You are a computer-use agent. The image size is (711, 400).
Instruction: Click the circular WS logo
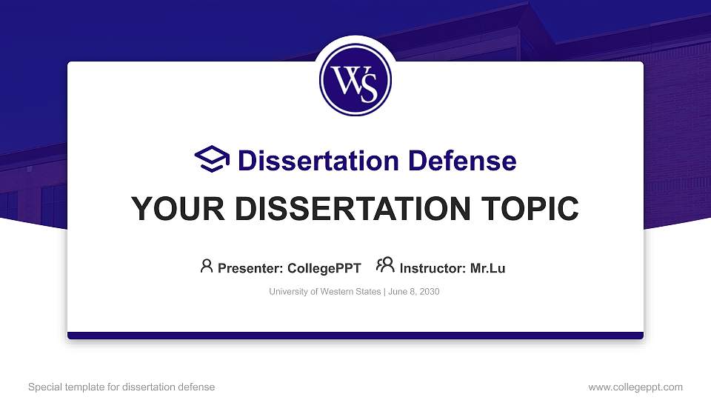(355, 79)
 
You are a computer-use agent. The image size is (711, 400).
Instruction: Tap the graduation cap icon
(212, 160)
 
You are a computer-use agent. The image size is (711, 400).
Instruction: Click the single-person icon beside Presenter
(207, 266)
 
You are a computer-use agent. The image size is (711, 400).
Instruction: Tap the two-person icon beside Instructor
(385, 265)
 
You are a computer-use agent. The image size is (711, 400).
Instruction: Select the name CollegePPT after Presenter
(324, 268)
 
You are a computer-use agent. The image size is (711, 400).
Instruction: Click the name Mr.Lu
(487, 268)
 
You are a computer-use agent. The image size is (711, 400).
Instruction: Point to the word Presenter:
(248, 268)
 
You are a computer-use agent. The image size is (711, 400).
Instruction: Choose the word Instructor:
(433, 268)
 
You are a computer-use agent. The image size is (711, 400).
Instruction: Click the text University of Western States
(324, 292)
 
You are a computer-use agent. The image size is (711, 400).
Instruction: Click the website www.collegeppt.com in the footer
(635, 387)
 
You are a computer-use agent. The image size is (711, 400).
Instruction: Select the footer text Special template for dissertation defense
(121, 387)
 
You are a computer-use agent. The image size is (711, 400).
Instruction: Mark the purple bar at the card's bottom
(355, 336)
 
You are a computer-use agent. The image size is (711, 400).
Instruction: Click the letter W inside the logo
(347, 77)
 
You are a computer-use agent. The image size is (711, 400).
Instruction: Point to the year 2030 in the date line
(429, 292)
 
